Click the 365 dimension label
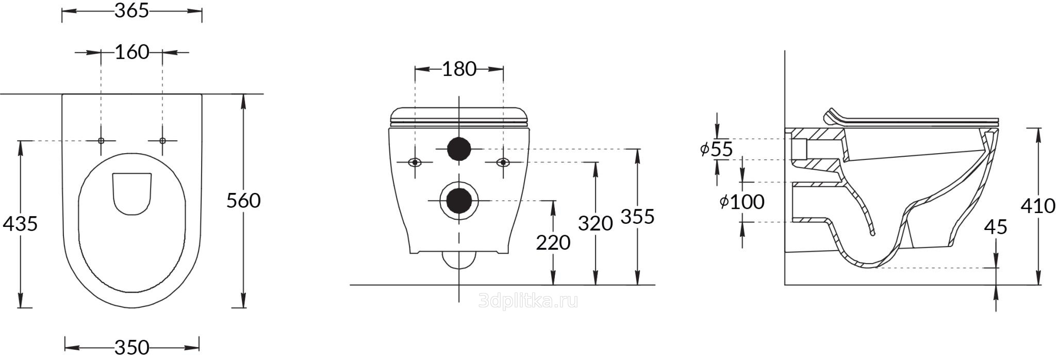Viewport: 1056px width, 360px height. coord(131,11)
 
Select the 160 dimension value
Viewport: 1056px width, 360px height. coord(131,52)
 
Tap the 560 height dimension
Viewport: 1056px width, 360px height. coord(243,201)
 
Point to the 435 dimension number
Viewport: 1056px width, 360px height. coord(20,224)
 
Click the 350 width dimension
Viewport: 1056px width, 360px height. coord(131,347)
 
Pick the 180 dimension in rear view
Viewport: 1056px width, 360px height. coord(459,69)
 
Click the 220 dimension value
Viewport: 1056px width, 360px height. coord(553,242)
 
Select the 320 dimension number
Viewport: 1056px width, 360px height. coord(596,224)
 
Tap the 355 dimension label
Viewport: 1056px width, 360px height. coord(637,217)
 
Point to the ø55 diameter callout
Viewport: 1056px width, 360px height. coord(716,149)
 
